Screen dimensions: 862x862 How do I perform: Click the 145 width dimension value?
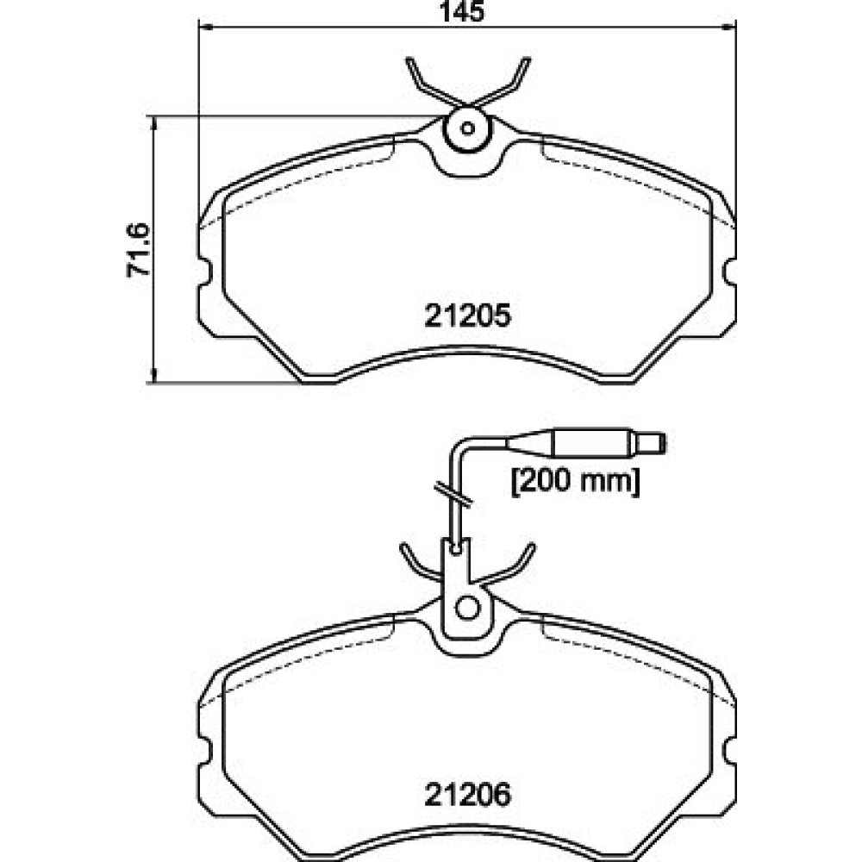pyautogui.click(x=462, y=11)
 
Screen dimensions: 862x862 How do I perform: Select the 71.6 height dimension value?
pyautogui.click(x=138, y=250)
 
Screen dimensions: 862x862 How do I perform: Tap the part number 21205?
pyautogui.click(x=467, y=315)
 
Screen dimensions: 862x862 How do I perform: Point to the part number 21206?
pyautogui.click(x=467, y=795)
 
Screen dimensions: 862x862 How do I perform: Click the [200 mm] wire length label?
pyautogui.click(x=576, y=482)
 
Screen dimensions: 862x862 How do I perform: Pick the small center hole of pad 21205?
pyautogui.click(x=467, y=128)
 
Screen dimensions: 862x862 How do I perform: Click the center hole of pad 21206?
pyautogui.click(x=468, y=608)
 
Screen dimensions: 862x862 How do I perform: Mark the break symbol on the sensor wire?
pyautogui.click(x=453, y=494)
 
